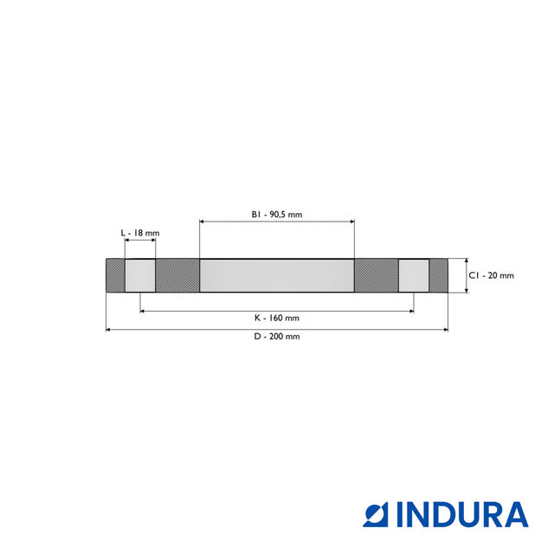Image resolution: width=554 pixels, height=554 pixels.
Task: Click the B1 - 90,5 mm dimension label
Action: (x=277, y=215)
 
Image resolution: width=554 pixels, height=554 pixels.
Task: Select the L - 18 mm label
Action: (x=140, y=233)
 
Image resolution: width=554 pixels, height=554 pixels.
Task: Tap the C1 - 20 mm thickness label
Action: (x=491, y=275)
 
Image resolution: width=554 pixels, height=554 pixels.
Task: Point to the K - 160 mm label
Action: (x=277, y=318)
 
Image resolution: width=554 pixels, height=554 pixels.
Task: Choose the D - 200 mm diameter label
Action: (x=277, y=337)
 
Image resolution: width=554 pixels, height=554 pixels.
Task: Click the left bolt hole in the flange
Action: (x=140, y=275)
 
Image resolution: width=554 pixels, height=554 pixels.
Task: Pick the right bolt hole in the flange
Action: (x=414, y=275)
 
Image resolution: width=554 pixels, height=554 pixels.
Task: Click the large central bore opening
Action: (x=277, y=275)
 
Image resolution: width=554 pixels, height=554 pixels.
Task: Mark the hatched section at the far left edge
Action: (x=115, y=275)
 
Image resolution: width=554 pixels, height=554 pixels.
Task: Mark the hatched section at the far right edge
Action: (x=439, y=275)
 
